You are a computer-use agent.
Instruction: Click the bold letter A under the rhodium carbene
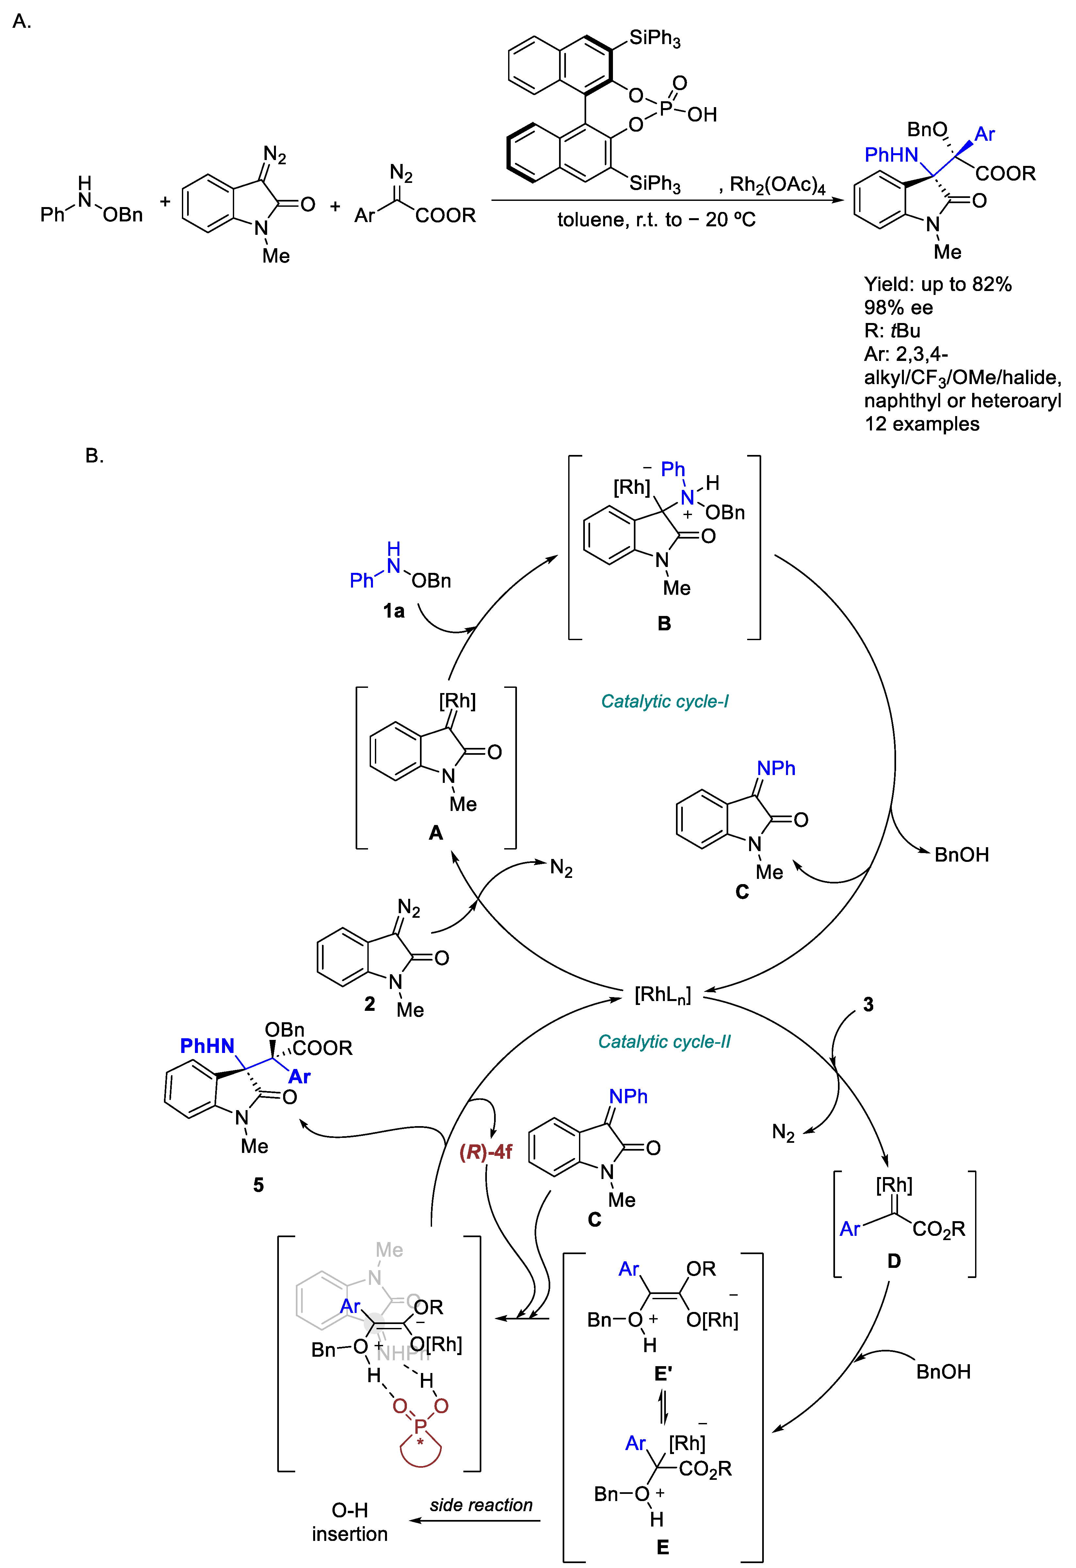(x=436, y=833)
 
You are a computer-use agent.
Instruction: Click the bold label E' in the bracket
(x=663, y=1374)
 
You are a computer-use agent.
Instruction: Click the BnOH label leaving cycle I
(x=961, y=855)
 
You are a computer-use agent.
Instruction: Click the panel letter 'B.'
(x=94, y=456)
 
